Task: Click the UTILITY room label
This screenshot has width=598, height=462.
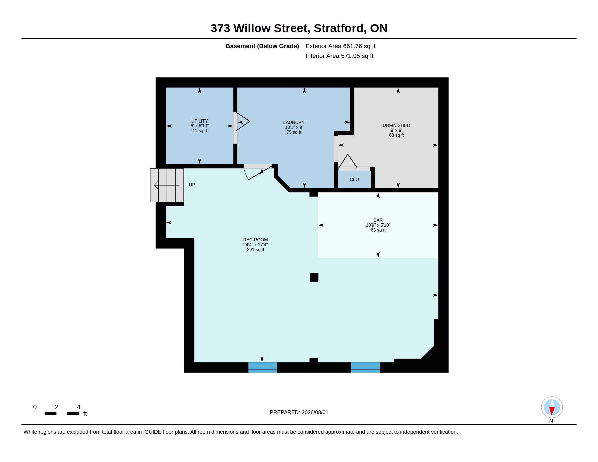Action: click(x=199, y=121)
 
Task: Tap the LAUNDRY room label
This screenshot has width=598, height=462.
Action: click(x=294, y=122)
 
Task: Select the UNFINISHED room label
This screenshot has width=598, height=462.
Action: click(x=396, y=125)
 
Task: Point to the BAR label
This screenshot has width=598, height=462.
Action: click(x=378, y=220)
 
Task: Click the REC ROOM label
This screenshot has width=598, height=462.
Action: click(x=255, y=240)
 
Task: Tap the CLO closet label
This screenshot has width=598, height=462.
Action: click(x=354, y=180)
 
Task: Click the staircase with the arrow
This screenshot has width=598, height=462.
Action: click(x=167, y=185)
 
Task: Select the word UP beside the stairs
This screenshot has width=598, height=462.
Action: click(x=192, y=185)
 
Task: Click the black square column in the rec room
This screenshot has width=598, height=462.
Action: click(x=314, y=277)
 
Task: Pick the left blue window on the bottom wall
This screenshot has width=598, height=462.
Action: click(x=263, y=367)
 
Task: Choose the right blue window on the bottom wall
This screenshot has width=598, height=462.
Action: click(x=365, y=367)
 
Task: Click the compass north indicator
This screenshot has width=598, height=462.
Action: click(x=552, y=408)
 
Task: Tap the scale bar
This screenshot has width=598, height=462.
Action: click(x=56, y=414)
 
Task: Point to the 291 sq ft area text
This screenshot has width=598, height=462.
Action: click(x=255, y=249)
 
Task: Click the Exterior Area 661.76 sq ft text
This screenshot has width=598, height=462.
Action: click(x=340, y=46)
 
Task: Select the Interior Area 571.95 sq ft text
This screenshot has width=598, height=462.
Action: click(x=339, y=56)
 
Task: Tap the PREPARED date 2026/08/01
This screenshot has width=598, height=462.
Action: click(x=314, y=412)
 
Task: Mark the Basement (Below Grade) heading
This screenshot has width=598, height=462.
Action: click(x=262, y=46)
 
